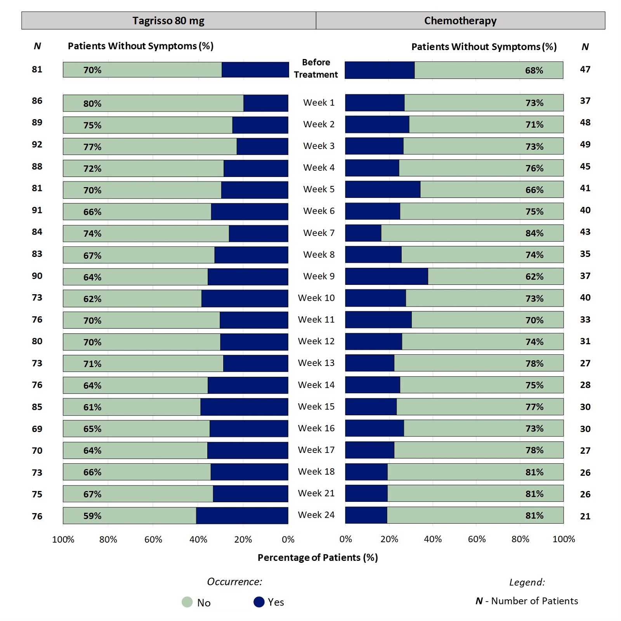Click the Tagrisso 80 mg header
168,21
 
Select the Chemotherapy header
460,21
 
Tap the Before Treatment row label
316,68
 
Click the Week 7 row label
319,233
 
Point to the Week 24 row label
316,515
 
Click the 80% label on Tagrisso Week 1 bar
92,104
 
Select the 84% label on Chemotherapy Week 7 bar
534,233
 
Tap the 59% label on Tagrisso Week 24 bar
92,516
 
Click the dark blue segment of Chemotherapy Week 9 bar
387,276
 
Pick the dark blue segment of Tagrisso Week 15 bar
244,407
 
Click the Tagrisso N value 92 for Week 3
37,144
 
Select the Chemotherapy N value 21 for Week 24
585,516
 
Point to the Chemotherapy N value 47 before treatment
585,69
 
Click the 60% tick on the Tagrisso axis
153,539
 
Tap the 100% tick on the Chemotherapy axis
564,539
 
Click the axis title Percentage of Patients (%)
317,558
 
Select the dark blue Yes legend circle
259,602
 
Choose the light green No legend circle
187,602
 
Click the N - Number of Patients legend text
527,601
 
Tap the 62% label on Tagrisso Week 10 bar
92,299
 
